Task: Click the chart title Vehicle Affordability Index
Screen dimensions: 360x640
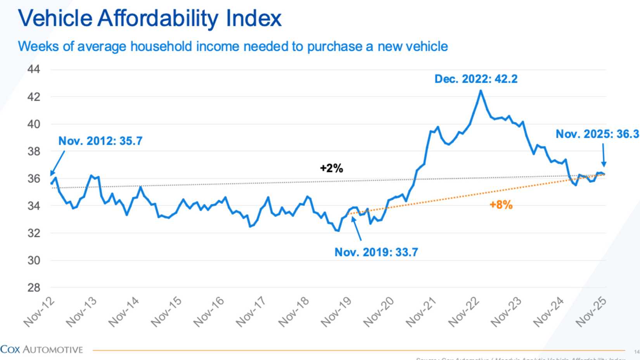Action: [x=150, y=18]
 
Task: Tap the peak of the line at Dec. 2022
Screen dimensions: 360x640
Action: [x=481, y=91]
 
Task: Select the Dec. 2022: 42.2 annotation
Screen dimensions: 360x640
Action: [x=476, y=79]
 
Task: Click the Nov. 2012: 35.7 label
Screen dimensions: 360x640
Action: [x=100, y=141]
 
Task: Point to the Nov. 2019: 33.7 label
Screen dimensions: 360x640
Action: [x=376, y=252]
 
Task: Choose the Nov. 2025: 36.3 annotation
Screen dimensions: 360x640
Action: [x=597, y=134]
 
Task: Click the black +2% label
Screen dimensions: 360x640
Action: [x=331, y=168]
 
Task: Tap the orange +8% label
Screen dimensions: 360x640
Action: [x=501, y=205]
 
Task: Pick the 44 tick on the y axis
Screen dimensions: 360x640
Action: [x=34, y=69]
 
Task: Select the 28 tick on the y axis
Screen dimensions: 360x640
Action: [x=34, y=288]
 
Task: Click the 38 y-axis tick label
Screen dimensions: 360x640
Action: [x=34, y=151]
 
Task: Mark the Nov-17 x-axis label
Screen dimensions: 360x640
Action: [x=251, y=312]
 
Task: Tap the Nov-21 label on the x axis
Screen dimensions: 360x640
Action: [x=421, y=312]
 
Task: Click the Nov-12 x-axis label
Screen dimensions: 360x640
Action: [x=39, y=312]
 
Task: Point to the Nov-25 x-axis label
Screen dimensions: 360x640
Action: [x=591, y=312]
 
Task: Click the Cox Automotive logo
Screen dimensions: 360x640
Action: [x=42, y=350]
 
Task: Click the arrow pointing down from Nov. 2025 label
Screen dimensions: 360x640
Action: [x=604, y=155]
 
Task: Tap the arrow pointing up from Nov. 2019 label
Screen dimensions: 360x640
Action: [x=357, y=228]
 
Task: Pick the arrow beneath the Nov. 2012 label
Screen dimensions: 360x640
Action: [x=57, y=163]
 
